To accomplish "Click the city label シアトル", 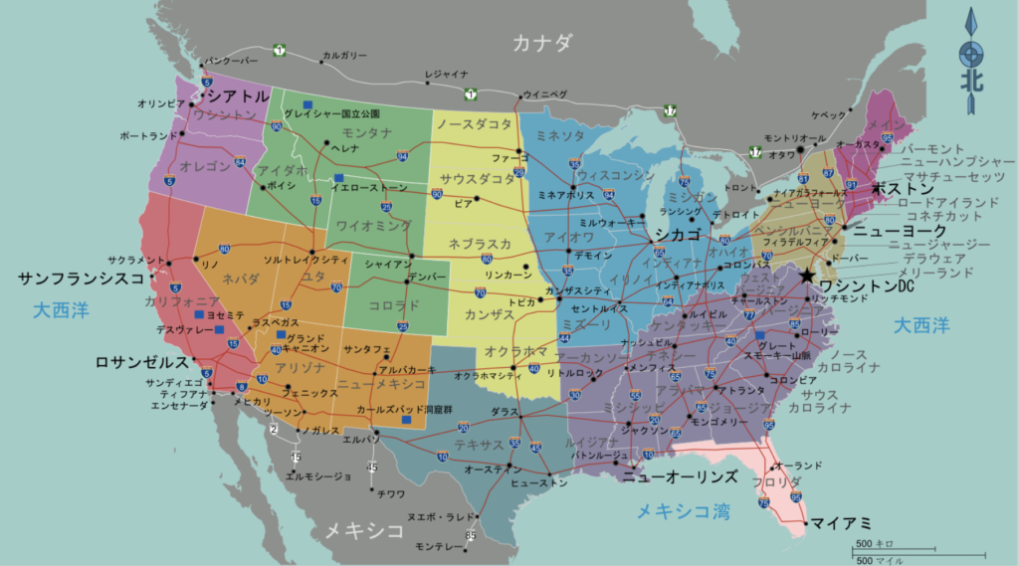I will (x=236, y=95).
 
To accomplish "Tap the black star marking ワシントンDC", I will (x=806, y=275).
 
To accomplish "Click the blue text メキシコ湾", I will (x=683, y=511).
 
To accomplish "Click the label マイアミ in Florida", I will (x=841, y=522).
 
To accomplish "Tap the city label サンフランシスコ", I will (x=82, y=279).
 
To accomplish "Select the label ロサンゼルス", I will (x=141, y=362).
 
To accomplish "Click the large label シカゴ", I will (x=678, y=234).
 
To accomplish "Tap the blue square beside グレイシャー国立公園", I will (x=308, y=102).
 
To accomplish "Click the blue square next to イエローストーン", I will (x=338, y=178).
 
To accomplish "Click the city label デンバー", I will (x=428, y=276).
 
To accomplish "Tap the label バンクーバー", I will (x=231, y=60).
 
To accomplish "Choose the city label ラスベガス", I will (x=272, y=323).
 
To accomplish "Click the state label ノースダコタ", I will (x=474, y=123).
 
